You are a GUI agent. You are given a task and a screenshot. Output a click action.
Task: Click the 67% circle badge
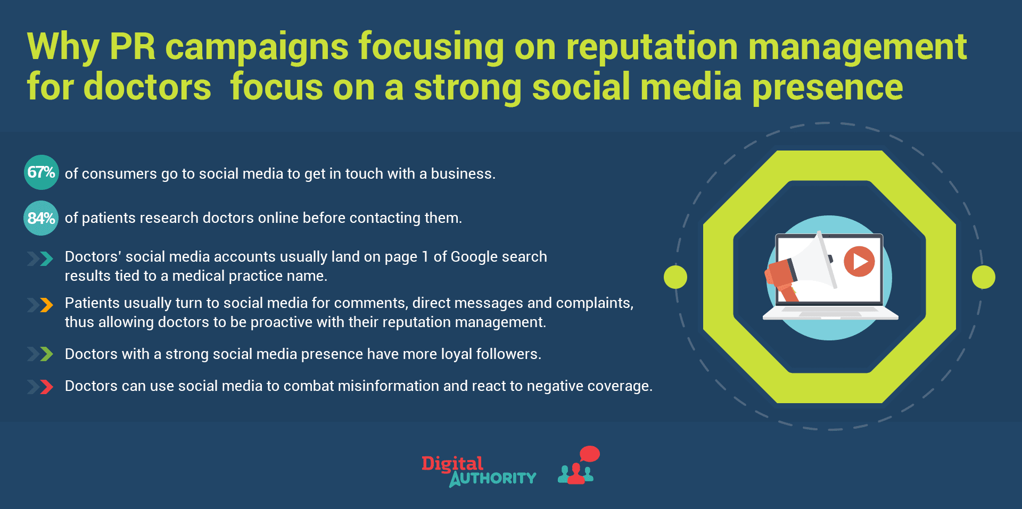point(42,172)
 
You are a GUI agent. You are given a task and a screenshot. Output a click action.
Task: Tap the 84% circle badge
point(41,218)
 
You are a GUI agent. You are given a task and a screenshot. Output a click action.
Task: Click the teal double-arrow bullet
point(40,259)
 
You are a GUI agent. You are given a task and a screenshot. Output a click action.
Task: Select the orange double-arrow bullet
point(40,305)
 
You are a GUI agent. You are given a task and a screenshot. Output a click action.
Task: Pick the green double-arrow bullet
point(40,354)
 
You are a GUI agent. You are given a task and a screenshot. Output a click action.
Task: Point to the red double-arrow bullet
point(40,387)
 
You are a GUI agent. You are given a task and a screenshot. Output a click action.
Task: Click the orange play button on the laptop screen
point(859,261)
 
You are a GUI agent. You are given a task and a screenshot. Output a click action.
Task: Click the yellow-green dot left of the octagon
point(675,277)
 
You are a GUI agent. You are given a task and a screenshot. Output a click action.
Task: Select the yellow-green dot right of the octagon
point(984,277)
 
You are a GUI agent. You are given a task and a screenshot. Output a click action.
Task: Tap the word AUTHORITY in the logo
point(493,479)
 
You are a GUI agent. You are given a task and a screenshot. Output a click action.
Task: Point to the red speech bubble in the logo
point(589,454)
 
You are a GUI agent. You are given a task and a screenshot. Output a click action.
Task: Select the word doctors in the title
point(147,87)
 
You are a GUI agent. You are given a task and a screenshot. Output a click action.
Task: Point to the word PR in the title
point(133,47)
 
